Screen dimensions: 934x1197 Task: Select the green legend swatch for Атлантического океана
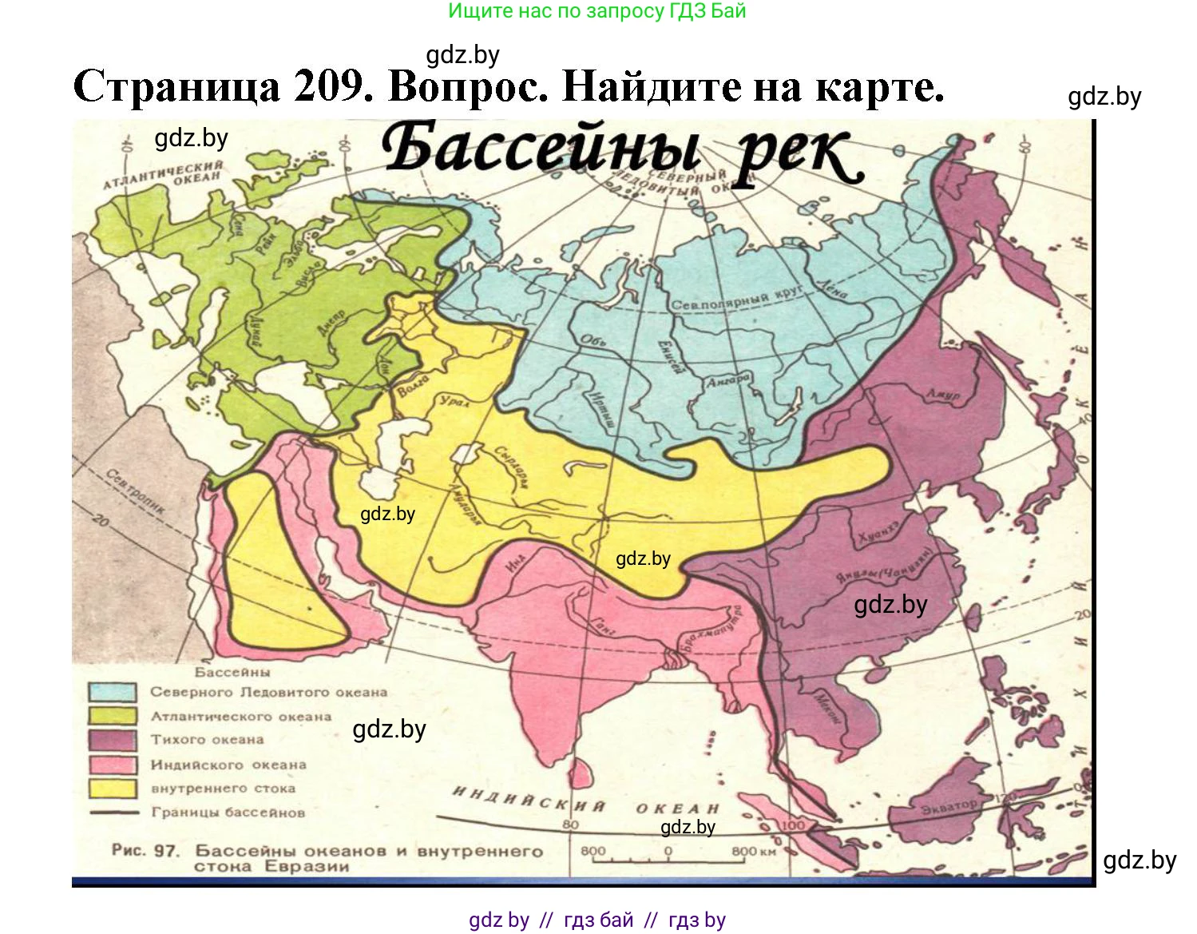pos(112,716)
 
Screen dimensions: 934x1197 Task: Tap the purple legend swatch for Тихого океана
pos(112,740)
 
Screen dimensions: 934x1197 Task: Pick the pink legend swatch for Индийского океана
pos(112,765)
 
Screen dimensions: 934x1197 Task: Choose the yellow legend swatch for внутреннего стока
pos(112,789)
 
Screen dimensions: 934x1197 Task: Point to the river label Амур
pos(943,394)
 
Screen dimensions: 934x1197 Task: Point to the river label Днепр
pos(331,323)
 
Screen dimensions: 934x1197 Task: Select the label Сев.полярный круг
pos(735,300)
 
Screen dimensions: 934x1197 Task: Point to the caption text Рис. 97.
pos(145,851)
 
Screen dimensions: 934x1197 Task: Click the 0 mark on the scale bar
pos(668,851)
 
